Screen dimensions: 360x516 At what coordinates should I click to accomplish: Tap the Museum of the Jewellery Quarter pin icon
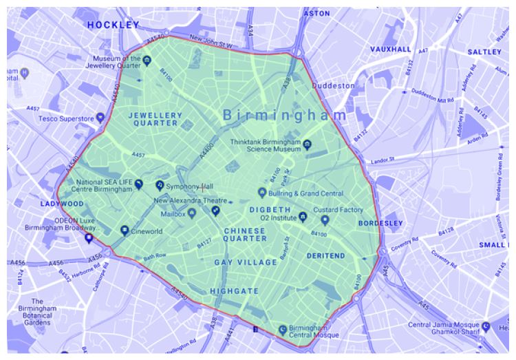[x=148, y=62]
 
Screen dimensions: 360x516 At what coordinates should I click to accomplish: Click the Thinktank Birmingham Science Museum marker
[x=308, y=145]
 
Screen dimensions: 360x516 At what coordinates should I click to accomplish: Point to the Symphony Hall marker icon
[x=160, y=185]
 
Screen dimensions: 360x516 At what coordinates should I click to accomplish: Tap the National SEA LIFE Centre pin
[x=138, y=184]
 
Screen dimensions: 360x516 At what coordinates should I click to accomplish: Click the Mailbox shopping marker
[x=192, y=213]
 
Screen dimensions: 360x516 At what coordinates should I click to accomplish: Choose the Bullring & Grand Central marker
[x=261, y=191]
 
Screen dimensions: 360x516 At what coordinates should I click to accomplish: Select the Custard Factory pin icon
[x=325, y=220]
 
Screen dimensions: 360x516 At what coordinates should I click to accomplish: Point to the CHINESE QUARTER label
[x=245, y=234]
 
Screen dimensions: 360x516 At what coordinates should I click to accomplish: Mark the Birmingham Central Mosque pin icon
[x=281, y=330]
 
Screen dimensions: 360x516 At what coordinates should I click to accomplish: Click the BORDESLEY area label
[x=380, y=224]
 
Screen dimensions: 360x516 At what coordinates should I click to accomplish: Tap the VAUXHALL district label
[x=390, y=50]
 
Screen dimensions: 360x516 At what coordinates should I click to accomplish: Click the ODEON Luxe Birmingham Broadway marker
[x=88, y=237]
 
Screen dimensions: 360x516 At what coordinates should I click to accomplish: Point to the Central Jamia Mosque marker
[x=486, y=326]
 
